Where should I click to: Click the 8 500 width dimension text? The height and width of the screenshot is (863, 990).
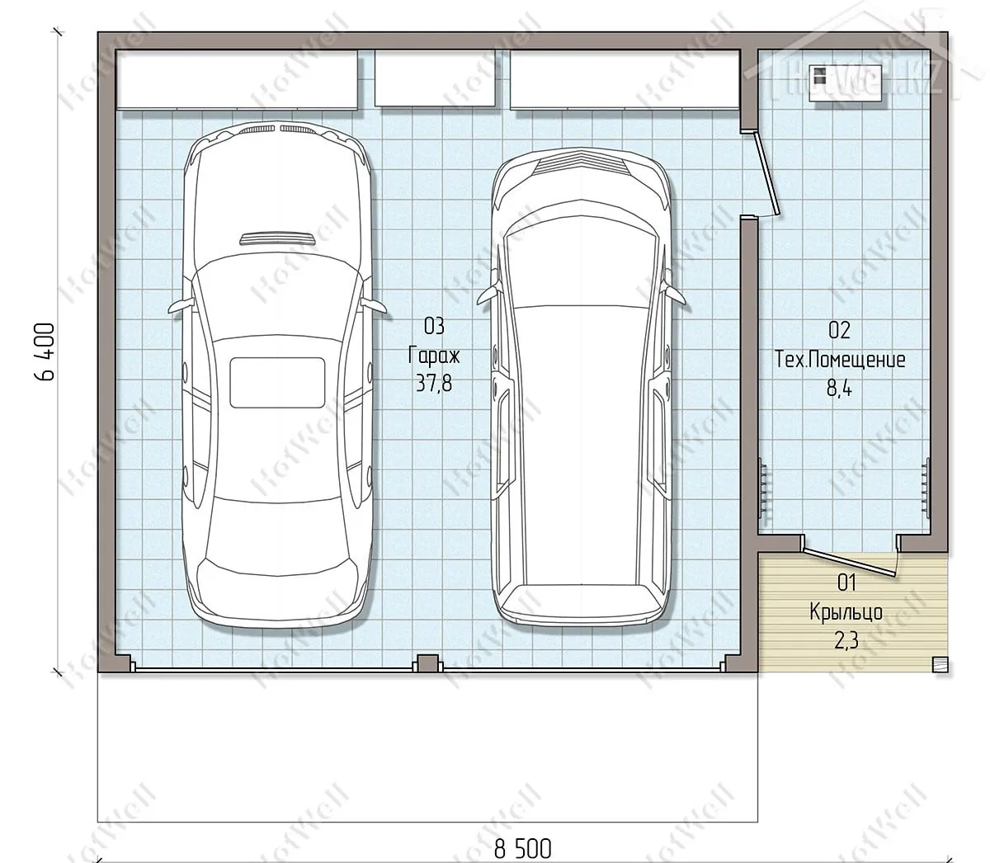pyautogui.click(x=522, y=849)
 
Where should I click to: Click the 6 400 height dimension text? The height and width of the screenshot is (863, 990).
pyautogui.click(x=45, y=351)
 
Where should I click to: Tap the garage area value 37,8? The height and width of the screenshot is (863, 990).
pyautogui.click(x=434, y=384)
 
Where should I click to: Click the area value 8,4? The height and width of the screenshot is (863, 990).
pyautogui.click(x=839, y=388)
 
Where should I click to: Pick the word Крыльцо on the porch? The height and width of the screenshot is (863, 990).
pyautogui.click(x=846, y=612)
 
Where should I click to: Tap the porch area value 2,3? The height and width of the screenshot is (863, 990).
pyautogui.click(x=846, y=641)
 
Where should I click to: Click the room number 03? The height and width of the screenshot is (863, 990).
pyautogui.click(x=434, y=327)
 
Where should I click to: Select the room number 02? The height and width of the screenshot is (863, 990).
pyautogui.click(x=840, y=330)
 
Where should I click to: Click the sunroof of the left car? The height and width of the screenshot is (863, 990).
pyautogui.click(x=276, y=383)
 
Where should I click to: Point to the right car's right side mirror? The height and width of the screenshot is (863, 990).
pyautogui.click(x=673, y=293)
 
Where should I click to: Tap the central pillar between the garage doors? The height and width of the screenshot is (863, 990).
pyautogui.click(x=427, y=663)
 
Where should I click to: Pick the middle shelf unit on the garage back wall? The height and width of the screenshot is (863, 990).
pyautogui.click(x=435, y=78)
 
